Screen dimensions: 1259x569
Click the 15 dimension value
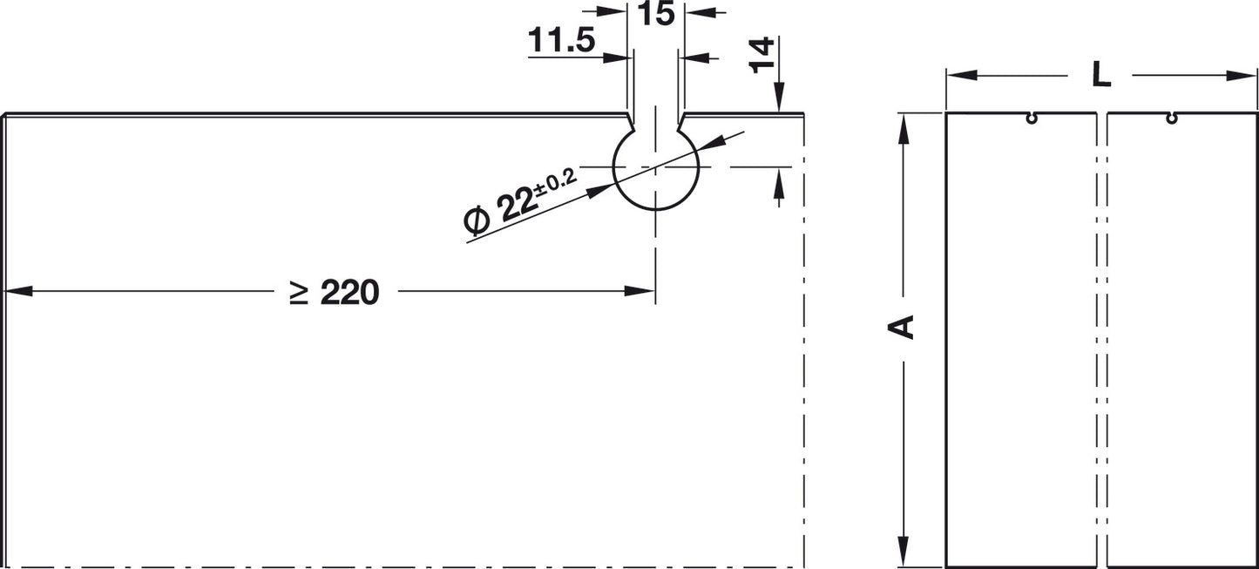[x=656, y=13]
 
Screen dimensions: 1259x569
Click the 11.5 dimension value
[x=561, y=41]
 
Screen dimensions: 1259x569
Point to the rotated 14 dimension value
[x=762, y=55]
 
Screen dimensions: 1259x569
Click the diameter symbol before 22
[x=476, y=220]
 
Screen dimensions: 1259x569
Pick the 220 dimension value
[x=349, y=293]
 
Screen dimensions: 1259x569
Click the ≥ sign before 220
[x=300, y=294]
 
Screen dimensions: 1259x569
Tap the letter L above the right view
[x=1101, y=75]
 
